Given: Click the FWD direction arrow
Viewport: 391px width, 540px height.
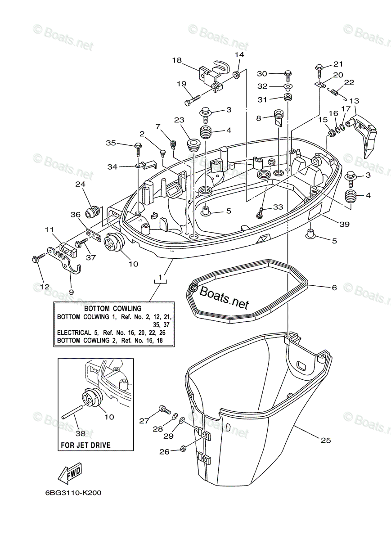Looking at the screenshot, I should pos(70,472).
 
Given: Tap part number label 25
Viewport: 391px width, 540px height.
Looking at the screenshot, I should pos(326,440).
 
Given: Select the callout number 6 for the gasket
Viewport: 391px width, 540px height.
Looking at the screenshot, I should pos(334,288).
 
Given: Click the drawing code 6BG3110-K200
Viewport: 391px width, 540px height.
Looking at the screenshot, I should pos(73,493).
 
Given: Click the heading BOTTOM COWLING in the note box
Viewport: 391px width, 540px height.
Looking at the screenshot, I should pos(113,309).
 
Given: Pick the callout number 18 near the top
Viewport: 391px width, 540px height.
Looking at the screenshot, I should pos(176,60).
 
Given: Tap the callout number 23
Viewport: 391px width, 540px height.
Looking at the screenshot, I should pos(179,120).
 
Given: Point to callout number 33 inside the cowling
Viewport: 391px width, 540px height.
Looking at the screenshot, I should pos(279,207).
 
